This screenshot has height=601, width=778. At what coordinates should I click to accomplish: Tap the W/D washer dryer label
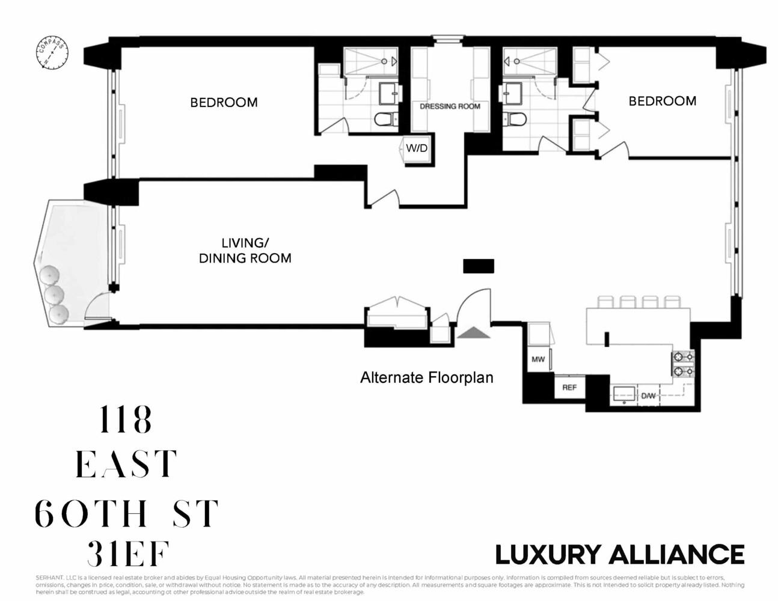click(x=417, y=148)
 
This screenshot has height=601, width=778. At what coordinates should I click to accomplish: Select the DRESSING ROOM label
click(x=450, y=106)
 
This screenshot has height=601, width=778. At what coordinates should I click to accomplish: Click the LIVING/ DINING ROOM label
click(x=245, y=251)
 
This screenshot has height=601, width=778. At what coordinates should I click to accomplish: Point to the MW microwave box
click(x=538, y=359)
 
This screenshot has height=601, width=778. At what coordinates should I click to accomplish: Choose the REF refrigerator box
click(x=569, y=388)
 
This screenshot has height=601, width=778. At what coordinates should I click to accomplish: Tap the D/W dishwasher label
click(x=648, y=396)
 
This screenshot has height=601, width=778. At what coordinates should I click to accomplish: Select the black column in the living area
click(x=479, y=266)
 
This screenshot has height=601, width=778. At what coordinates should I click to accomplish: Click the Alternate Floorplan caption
click(x=426, y=378)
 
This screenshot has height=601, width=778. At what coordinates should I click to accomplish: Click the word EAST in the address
click(x=126, y=464)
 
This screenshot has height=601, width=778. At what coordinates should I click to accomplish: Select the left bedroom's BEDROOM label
click(x=224, y=103)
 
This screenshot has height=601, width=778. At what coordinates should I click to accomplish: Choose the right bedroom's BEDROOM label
click(x=662, y=101)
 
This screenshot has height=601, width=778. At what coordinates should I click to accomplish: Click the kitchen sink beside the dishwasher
click(x=624, y=394)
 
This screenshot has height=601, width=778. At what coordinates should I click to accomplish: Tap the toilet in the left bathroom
click(x=385, y=119)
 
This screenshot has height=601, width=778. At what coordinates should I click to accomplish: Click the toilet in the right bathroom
click(x=515, y=119)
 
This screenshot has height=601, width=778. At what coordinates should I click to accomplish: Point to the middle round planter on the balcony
click(x=55, y=295)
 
